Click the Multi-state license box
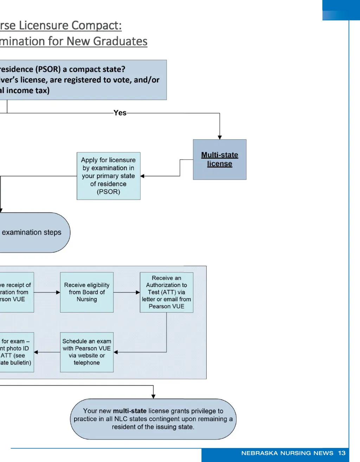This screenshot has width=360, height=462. (220, 160)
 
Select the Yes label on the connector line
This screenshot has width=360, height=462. (120, 113)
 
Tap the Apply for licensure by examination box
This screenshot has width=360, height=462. (108, 176)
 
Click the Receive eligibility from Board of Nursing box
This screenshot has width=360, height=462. (87, 292)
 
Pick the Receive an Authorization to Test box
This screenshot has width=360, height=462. (166, 292)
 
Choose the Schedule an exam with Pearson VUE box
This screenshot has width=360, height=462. (87, 352)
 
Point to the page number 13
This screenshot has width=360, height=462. (342, 453)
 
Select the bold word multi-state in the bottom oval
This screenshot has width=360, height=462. (130, 411)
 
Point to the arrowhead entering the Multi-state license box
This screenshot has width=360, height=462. (220, 137)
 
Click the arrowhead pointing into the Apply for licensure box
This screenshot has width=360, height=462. (142, 176)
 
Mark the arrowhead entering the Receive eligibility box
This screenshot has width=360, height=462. (58, 292)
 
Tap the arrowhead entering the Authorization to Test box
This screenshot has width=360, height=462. (138, 292)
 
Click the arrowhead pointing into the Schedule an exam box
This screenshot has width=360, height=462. (116, 352)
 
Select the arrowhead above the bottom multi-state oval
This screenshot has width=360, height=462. (153, 397)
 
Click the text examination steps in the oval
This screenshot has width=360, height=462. (32, 232)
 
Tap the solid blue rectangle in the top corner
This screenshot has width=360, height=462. (341, 10)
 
